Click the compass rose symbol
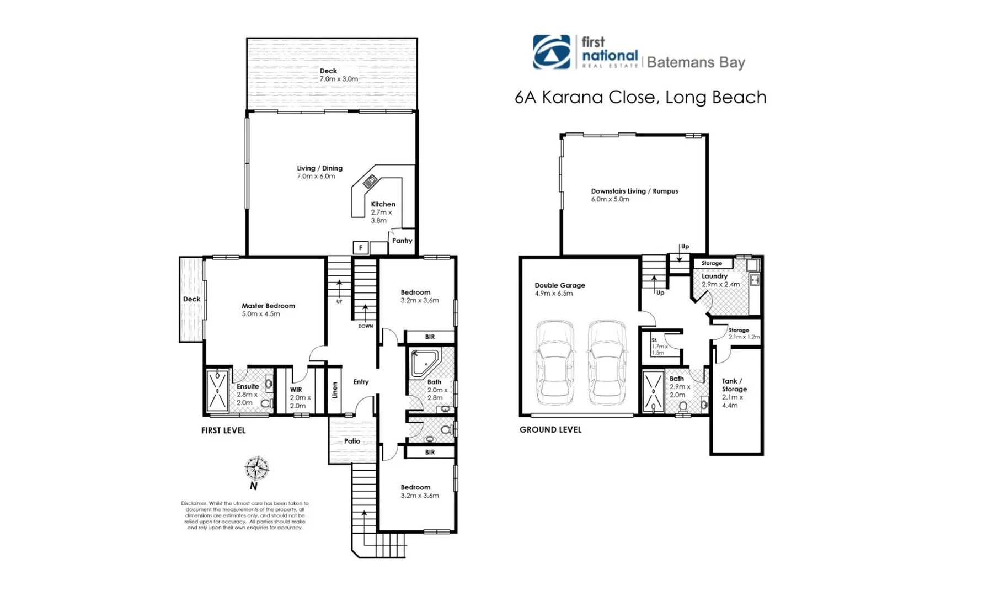(x=256, y=469)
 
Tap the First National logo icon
(x=551, y=52)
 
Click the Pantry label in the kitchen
(x=402, y=241)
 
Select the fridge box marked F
(x=360, y=248)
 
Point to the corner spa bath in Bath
(x=425, y=362)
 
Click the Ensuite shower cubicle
(x=217, y=391)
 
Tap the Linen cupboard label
(x=335, y=390)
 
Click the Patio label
(x=352, y=441)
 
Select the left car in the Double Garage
(x=554, y=363)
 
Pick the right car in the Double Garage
(x=607, y=363)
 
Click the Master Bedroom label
(x=268, y=306)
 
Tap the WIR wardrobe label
(x=296, y=390)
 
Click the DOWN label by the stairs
(x=365, y=326)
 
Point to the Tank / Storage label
(x=734, y=385)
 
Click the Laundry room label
(x=714, y=276)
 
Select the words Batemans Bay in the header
(x=696, y=62)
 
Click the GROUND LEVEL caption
(x=550, y=429)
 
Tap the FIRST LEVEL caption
(x=223, y=430)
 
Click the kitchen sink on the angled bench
(x=370, y=180)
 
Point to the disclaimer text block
(x=245, y=515)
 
